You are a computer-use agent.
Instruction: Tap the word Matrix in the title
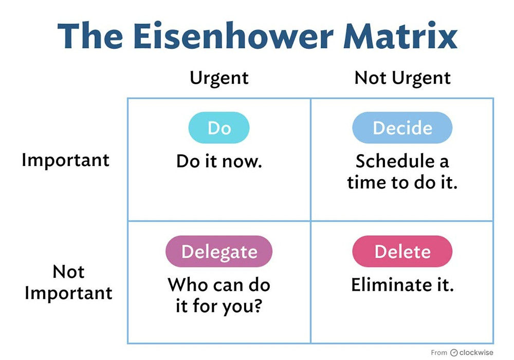tap(400, 35)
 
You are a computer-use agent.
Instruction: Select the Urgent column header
tap(219, 78)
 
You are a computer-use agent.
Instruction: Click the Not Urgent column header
tap(402, 78)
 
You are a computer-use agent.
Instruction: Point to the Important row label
tap(66, 161)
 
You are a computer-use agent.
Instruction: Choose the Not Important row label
tap(68, 282)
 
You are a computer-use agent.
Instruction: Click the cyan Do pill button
tap(218, 128)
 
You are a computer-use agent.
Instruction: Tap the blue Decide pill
tap(402, 128)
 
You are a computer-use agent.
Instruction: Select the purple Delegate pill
tap(218, 251)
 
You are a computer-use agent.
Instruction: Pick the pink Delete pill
tap(402, 251)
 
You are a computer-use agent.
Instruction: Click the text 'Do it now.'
tap(219, 161)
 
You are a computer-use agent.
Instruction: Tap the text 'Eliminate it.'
tap(402, 285)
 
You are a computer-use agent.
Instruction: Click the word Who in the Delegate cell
tap(187, 285)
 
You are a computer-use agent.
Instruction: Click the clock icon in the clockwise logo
tap(454, 352)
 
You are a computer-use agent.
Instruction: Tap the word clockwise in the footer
tap(476, 352)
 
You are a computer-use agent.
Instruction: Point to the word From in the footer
tap(439, 352)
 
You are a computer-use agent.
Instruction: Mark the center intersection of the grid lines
tap(310, 221)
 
